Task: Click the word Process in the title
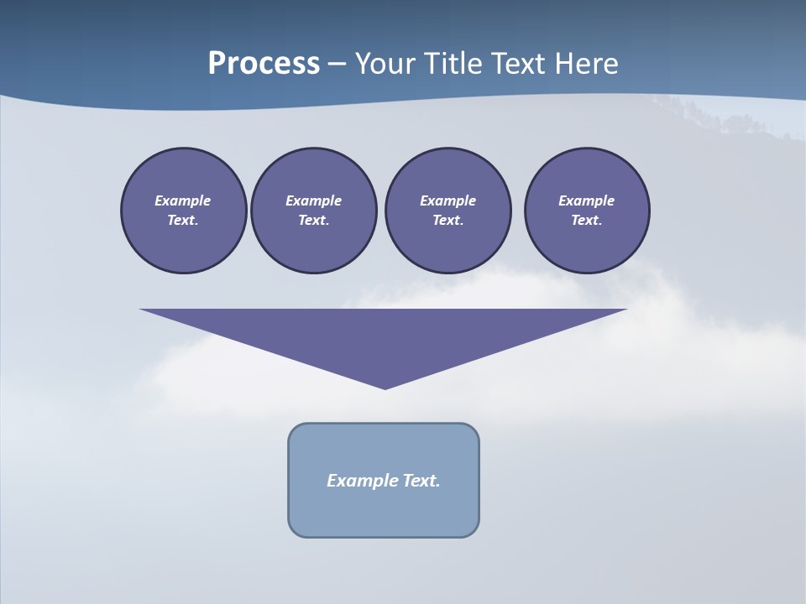[x=264, y=63]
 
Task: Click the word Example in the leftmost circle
[x=183, y=200]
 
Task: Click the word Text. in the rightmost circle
[x=587, y=221]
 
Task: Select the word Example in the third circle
[x=447, y=200]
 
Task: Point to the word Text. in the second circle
[x=314, y=221]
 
